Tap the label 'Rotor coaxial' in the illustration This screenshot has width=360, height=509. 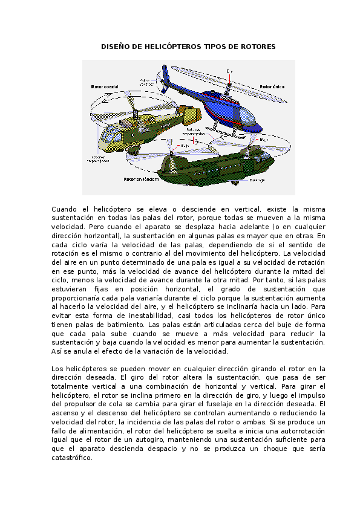point(105,87)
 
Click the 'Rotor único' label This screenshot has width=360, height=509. point(272,87)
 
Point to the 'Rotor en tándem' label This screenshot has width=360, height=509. point(141,180)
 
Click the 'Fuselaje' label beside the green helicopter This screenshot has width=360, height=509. point(257,180)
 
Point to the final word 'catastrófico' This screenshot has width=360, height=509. point(72,458)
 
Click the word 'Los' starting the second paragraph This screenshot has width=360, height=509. point(57,368)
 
